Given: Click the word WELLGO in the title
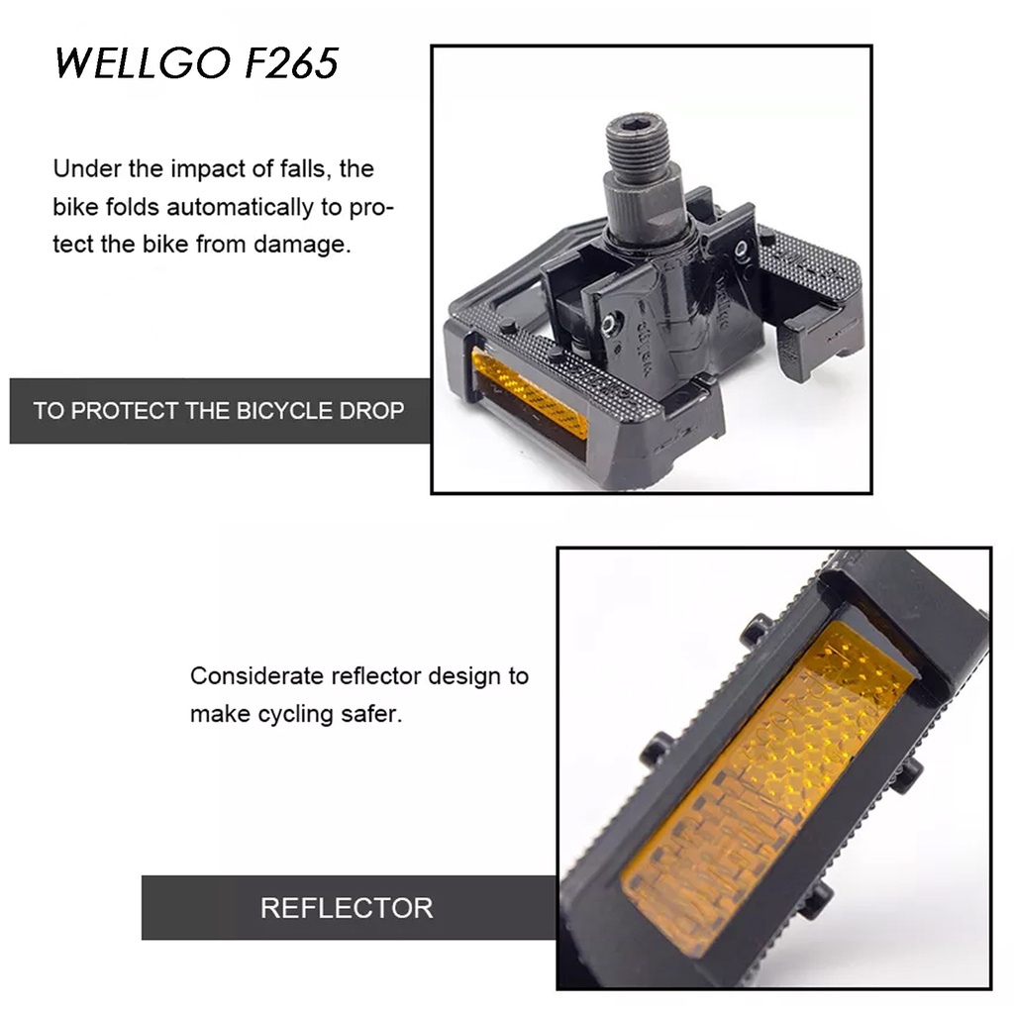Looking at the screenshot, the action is [x=143, y=62].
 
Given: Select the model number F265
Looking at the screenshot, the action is [x=292, y=62].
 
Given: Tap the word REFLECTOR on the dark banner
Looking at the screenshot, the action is [x=347, y=908].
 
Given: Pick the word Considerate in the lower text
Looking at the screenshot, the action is [x=256, y=675].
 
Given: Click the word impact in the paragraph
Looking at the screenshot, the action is [x=208, y=169].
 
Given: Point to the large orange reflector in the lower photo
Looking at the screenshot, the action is [x=767, y=790].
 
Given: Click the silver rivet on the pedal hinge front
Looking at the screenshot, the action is [x=607, y=324].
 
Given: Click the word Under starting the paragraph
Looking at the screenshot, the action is [x=87, y=168].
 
